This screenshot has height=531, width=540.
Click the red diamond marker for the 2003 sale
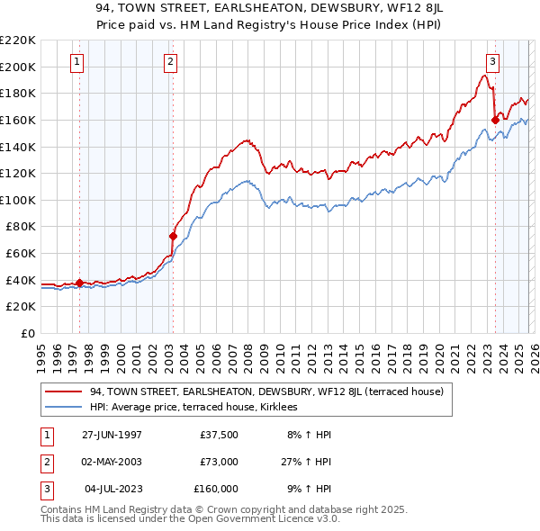173,236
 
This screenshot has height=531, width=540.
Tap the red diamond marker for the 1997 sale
79,283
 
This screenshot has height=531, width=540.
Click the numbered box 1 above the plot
76,62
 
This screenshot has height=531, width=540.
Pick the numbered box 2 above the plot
170,62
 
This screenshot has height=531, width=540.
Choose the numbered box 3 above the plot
493,62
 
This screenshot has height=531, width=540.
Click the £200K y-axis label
18,67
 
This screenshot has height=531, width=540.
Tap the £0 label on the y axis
27,333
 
